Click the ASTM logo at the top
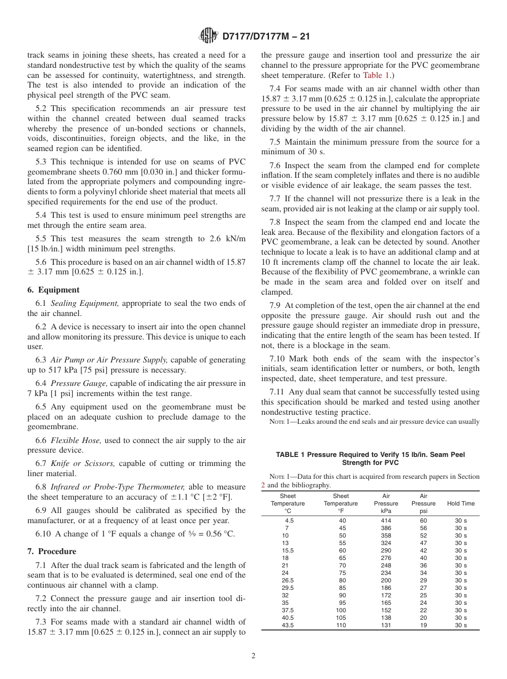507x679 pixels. coord(208,36)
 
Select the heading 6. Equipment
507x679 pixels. coord(53,290)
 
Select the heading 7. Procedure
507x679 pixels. coord(52,551)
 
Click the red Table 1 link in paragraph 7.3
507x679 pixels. coord(377,75)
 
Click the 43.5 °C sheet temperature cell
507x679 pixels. coord(288,625)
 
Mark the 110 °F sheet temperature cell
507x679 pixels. coord(340,625)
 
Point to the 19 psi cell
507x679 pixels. coord(423,625)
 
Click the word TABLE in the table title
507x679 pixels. coord(288,455)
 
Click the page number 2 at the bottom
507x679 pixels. coord(253,656)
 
